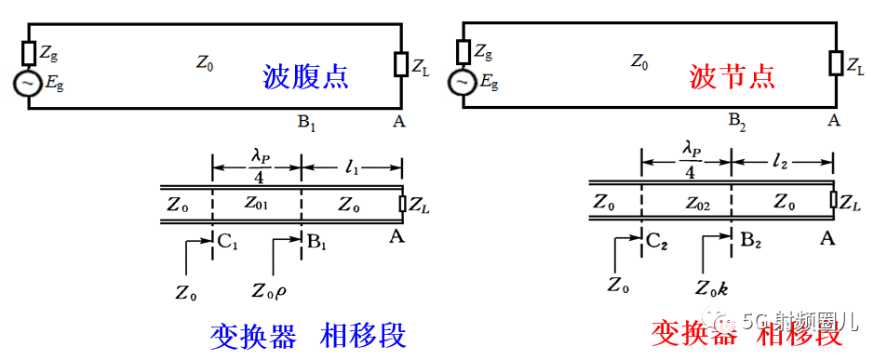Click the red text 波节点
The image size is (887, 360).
tap(732, 75)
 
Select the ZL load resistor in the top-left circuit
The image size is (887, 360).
tap(401, 64)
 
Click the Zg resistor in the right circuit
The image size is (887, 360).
tap(462, 49)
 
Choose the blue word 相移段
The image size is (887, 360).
tap(364, 334)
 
